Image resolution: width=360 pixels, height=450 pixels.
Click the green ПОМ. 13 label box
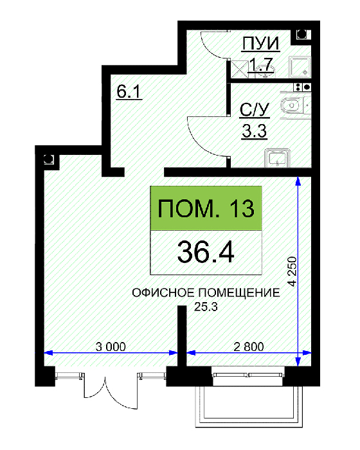click(206, 208)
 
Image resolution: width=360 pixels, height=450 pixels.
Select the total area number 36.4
click(206, 252)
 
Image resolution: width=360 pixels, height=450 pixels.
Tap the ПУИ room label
click(260, 44)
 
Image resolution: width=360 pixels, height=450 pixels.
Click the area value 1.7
click(260, 64)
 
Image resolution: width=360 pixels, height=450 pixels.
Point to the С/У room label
click(255, 110)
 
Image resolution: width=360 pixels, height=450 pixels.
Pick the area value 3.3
click(255, 131)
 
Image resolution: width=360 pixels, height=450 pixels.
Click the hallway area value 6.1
click(129, 92)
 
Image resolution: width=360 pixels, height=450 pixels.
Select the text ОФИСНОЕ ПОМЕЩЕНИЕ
click(206, 292)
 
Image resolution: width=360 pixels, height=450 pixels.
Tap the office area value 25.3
click(206, 307)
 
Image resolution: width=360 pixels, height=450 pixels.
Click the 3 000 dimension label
click(111, 346)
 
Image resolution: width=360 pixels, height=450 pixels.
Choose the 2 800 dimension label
click(249, 346)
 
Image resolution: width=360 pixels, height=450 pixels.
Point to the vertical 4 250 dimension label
click(292, 271)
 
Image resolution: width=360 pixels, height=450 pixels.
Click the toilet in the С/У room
click(291, 105)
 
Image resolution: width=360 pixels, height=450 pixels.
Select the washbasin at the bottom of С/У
click(276, 157)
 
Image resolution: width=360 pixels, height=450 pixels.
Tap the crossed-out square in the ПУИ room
click(239, 68)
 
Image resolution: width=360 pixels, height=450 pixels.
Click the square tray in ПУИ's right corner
click(300, 67)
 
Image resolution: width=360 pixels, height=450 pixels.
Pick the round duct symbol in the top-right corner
click(301, 35)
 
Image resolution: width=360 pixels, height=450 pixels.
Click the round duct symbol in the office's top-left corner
click(48, 159)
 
